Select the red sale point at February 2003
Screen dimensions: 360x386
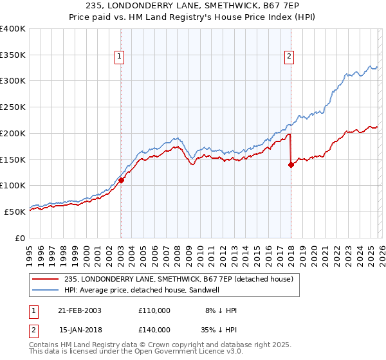point(121,181)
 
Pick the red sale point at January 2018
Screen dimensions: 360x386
point(291,165)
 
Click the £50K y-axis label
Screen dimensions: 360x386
point(15,211)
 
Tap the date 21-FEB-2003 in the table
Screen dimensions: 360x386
point(80,310)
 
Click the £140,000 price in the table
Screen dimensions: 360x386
point(154,329)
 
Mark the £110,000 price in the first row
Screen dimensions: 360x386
point(154,310)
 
